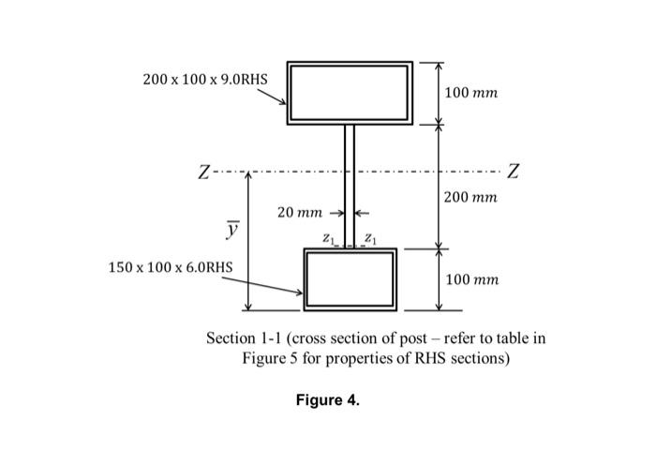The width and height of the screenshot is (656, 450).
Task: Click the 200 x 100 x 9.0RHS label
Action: point(204,79)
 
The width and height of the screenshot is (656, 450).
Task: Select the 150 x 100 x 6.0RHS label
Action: point(171,267)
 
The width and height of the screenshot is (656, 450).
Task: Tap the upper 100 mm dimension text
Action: point(471,94)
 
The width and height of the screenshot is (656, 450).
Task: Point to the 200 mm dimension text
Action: point(471,198)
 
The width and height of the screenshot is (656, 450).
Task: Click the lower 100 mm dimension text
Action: point(471,279)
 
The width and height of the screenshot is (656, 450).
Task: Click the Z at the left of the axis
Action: point(203,173)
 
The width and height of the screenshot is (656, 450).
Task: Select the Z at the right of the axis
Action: point(513,172)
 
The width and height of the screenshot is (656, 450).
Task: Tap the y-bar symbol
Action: point(231,228)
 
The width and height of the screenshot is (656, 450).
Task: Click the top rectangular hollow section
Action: point(350,93)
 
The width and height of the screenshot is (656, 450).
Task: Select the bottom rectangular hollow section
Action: point(350,279)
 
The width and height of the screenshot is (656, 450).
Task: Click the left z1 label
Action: point(327,239)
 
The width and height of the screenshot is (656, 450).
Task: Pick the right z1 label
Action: point(371,239)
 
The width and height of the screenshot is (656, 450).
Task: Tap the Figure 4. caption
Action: point(327,400)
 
